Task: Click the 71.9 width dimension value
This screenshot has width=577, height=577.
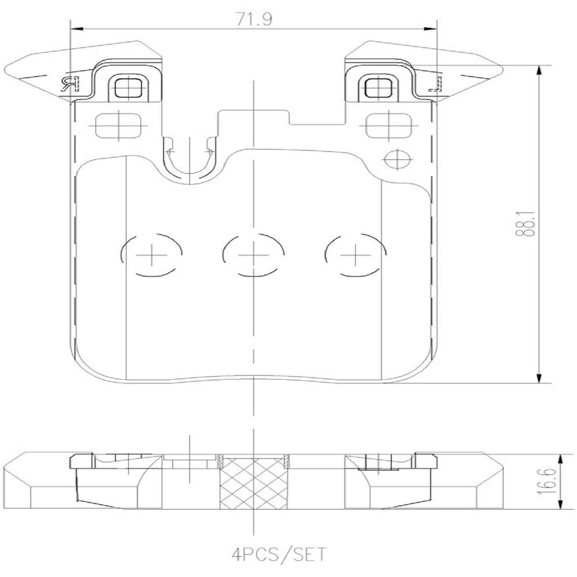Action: point(254,19)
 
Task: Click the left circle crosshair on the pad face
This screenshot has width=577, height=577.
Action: point(151,254)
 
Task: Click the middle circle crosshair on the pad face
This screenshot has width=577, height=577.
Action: point(253,254)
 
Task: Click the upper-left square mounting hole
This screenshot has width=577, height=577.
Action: point(128,86)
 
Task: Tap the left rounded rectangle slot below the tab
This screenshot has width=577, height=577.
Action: point(119,125)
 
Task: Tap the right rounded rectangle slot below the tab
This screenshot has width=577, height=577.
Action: point(389,125)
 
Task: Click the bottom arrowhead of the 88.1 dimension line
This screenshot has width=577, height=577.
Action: point(539,378)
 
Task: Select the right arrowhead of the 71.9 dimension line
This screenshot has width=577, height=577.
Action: point(430,29)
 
